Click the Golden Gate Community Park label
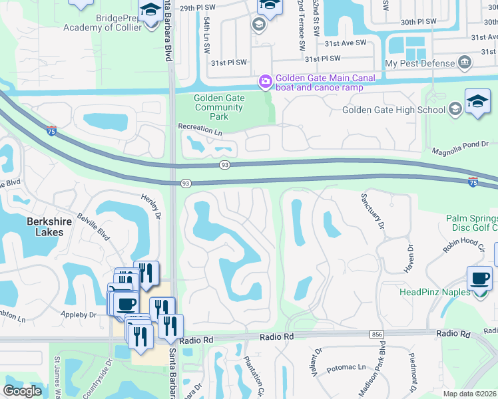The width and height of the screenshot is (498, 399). point(219,107)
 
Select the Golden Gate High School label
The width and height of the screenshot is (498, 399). point(393,110)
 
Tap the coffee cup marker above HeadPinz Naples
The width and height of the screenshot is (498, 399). point(479,279)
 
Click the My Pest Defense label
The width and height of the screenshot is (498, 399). point(420,63)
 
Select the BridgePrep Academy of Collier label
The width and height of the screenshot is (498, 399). point(101,22)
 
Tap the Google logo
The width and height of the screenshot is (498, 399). point(23,391)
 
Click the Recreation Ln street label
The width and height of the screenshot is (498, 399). point(199,130)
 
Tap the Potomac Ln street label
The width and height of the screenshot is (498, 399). point(352,366)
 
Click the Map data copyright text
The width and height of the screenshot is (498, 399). point(470,394)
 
